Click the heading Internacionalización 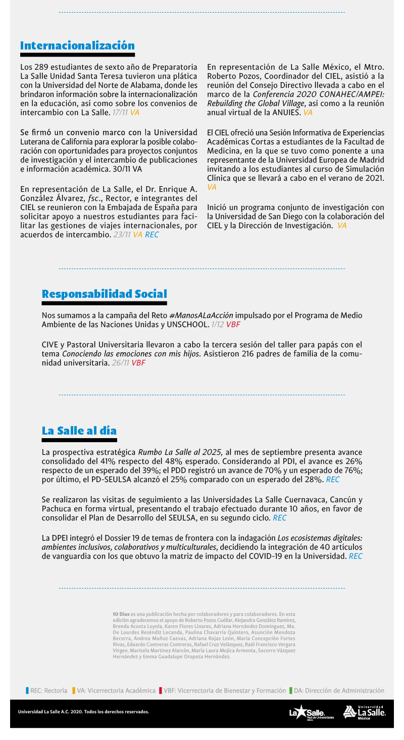coord(77,46)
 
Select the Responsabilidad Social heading coord(104,294)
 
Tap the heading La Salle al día coord(79,431)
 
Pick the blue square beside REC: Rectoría coord(27,691)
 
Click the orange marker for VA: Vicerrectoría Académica coord(74,691)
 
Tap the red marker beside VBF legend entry coord(160,691)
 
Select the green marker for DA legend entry coord(290,691)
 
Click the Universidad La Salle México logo coord(364,712)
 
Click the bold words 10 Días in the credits coord(121,614)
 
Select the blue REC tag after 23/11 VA coord(151,235)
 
